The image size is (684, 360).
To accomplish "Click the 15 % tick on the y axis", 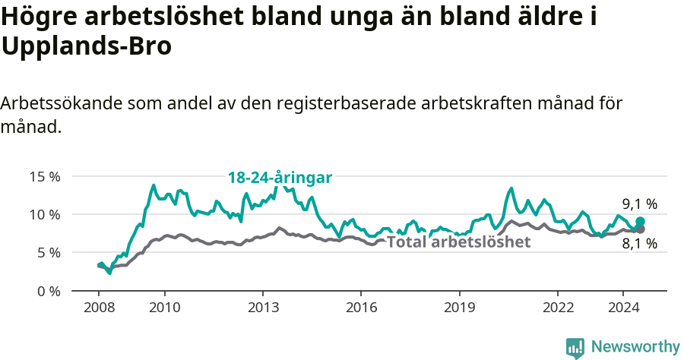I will (45, 176).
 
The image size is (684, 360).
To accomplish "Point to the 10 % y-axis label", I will (45, 214).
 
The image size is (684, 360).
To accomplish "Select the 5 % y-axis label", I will (48, 252).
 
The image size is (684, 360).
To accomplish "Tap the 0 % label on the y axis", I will (48, 291).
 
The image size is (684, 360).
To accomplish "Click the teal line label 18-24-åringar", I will (280, 178).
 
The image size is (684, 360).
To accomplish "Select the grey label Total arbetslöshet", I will (458, 242).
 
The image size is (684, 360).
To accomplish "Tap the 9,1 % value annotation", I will (639, 204).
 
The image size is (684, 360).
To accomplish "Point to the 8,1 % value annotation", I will (639, 244).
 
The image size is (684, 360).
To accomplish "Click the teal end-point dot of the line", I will (640, 221).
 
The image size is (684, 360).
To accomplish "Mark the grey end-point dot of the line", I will (640, 229).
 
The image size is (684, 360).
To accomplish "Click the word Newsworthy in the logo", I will (635, 347).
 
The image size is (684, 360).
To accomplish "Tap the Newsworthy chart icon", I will (575, 348).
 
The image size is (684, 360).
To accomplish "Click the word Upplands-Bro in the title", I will (87, 47).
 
